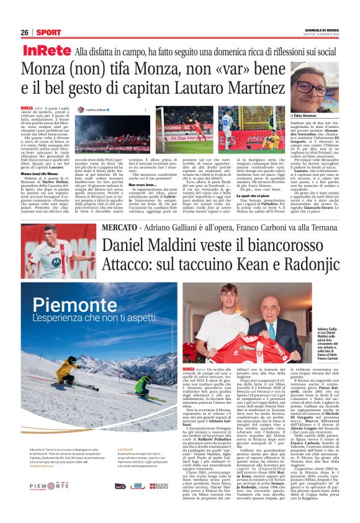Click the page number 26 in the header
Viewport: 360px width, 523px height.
click(x=25, y=32)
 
